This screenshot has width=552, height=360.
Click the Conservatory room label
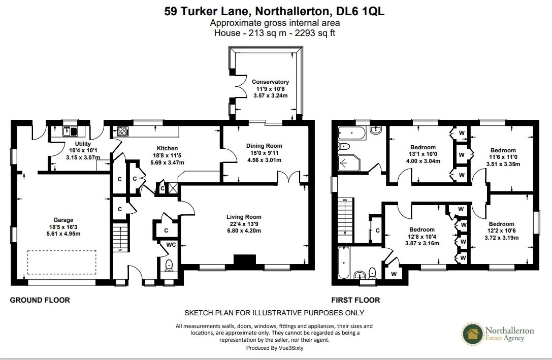270,82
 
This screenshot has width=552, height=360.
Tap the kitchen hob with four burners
123,132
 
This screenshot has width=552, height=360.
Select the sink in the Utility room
70,132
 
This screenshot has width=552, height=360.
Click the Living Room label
244,217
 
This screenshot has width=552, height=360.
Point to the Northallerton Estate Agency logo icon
472,335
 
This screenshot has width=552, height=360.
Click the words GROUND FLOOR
40,300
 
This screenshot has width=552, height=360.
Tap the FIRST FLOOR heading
355,300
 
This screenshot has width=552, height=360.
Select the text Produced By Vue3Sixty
275,348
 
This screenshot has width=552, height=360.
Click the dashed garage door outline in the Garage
61,262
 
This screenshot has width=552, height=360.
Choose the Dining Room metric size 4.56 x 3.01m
260,160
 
